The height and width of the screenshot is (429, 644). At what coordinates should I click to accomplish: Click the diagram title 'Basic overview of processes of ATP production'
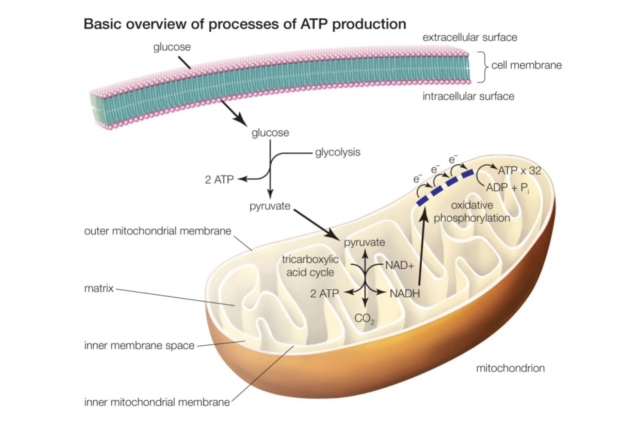(245, 24)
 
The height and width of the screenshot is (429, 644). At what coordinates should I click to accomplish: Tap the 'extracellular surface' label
(470, 37)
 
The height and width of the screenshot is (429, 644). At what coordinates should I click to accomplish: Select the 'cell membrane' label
(526, 65)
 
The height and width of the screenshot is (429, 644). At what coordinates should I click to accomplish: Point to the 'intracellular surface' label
(468, 96)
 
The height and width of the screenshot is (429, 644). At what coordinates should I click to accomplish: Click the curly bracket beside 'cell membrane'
(484, 66)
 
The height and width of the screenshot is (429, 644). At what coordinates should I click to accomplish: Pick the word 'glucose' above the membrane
(172, 47)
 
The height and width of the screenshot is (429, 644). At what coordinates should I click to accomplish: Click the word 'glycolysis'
(337, 152)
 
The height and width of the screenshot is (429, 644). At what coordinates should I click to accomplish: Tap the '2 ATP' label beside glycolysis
(219, 179)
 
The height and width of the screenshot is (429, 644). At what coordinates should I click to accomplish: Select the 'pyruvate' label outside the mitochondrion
(270, 206)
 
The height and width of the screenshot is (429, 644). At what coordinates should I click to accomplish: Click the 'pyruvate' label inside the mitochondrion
(365, 242)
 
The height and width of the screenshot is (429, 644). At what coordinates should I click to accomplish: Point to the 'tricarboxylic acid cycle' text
(310, 266)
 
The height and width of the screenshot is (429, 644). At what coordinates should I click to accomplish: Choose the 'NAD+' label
(399, 265)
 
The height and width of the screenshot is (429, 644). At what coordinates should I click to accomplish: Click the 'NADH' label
(404, 293)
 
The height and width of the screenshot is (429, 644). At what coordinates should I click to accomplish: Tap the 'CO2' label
(365, 318)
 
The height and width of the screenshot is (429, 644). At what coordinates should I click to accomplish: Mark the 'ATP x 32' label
(519, 170)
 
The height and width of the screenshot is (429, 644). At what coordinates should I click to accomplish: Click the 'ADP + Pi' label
(507, 188)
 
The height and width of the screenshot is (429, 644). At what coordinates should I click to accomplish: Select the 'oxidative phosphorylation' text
(472, 211)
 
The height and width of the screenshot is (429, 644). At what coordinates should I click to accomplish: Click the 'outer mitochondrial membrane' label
(158, 231)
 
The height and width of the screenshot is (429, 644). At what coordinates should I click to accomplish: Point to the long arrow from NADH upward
(421, 249)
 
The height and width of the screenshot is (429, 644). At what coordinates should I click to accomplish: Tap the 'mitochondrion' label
(510, 368)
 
